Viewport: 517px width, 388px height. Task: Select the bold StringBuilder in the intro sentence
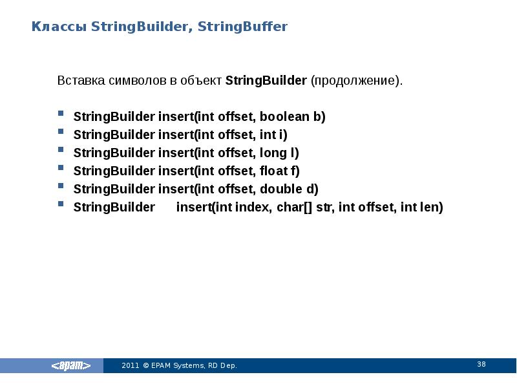point(266,81)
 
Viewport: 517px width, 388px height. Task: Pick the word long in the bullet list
point(272,153)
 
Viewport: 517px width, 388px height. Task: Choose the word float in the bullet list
point(272,171)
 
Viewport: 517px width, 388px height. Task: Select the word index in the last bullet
point(255,208)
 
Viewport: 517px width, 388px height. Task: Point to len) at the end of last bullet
point(432,208)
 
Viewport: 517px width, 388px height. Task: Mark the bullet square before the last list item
point(60,204)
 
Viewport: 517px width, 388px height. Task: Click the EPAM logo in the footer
point(71,366)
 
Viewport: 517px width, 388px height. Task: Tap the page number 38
point(481,365)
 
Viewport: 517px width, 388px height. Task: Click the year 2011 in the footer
point(130,366)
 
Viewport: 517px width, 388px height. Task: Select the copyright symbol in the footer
point(146,366)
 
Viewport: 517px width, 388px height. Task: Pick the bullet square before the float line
point(60,167)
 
